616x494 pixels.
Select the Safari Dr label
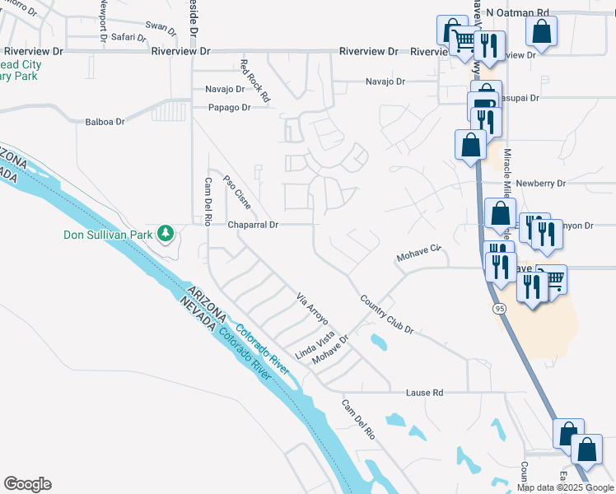point(129,37)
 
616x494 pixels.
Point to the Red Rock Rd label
point(255,81)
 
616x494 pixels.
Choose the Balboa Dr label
point(105,122)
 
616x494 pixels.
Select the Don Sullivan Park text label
point(109,235)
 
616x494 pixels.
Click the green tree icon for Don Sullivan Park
point(166,234)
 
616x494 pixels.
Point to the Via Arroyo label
point(313,308)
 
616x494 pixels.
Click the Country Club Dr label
point(386,314)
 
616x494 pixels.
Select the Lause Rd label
point(424,393)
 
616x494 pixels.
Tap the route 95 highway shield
point(500,308)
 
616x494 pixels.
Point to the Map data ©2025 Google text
point(566,487)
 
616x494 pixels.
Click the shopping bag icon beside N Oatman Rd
point(542,33)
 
